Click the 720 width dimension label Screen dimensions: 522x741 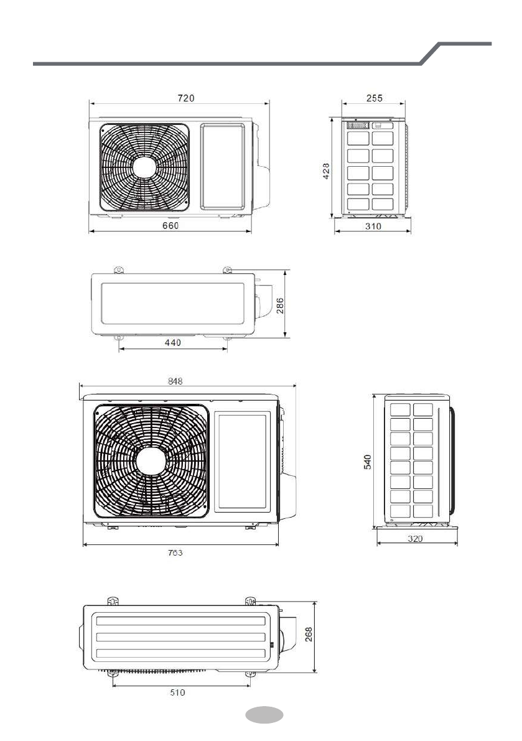pos(185,98)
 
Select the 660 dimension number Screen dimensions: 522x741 pos(170,225)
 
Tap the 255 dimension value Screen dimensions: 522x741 pos(374,98)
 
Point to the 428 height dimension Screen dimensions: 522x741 pos(326,171)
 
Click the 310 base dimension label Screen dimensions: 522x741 pos(373,226)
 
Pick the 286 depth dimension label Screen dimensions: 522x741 pos(279,306)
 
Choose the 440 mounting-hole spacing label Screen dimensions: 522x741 pos(173,343)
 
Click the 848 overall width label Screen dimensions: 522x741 pos(175,381)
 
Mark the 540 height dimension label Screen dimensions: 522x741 pos(368,462)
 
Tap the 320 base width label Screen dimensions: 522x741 pos(415,538)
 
